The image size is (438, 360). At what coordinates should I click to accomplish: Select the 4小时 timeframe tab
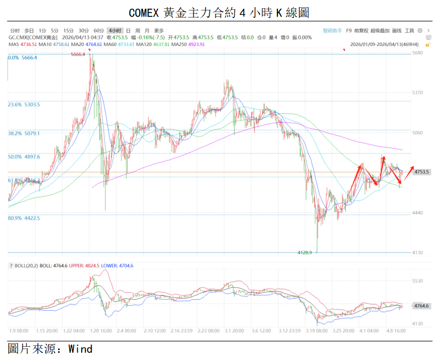click(115, 31)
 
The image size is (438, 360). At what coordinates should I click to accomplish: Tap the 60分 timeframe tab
click(99, 31)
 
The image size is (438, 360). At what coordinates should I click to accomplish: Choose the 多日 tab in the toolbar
click(29, 31)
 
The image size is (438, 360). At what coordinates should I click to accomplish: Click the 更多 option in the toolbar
click(159, 31)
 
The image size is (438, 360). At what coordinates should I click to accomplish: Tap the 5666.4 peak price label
click(78, 54)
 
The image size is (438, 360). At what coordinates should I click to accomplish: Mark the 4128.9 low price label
click(304, 253)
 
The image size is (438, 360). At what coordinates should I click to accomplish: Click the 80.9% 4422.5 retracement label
click(24, 218)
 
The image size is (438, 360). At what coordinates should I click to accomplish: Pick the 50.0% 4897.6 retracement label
click(24, 157)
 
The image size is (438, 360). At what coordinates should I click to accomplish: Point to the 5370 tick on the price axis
click(418, 93)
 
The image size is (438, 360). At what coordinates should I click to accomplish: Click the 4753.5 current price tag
click(422, 172)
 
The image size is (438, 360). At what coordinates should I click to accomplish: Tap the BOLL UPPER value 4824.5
click(91, 266)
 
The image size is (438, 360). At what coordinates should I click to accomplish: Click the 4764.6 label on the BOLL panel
click(422, 306)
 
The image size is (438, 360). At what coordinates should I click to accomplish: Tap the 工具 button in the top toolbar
click(409, 31)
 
